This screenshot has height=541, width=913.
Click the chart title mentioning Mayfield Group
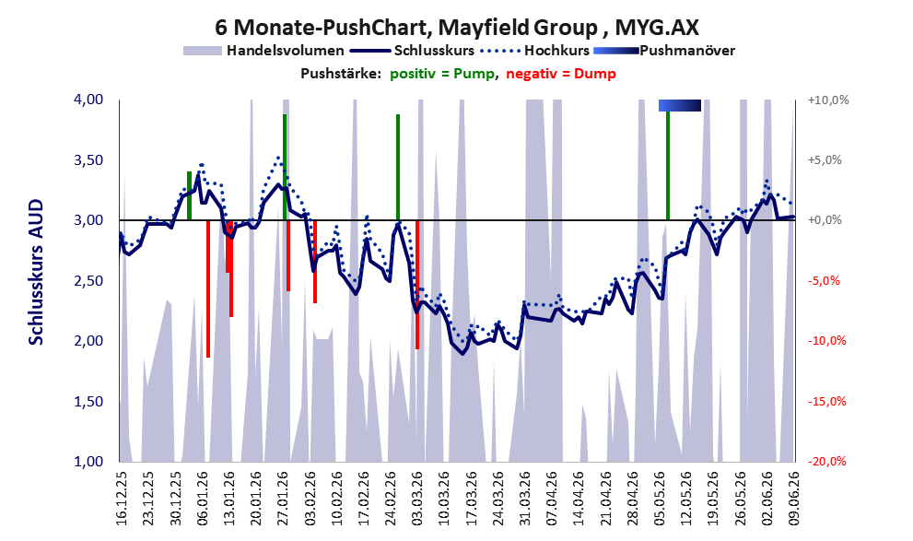click(457, 27)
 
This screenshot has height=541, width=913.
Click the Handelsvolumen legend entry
click(263, 51)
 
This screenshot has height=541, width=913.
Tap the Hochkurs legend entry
click(535, 51)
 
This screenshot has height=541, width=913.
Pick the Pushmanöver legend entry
click(664, 51)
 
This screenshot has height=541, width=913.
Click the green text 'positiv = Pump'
click(442, 74)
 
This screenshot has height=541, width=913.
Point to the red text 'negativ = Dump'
click(561, 74)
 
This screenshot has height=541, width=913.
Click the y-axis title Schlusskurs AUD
click(36, 273)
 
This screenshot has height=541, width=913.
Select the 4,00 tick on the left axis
click(88, 100)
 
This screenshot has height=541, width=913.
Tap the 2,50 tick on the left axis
click(88, 281)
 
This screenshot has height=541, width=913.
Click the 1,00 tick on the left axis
click(88, 462)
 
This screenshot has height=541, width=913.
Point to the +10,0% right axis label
click(828, 100)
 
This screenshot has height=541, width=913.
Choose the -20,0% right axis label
click(827, 462)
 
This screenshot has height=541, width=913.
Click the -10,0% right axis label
click(827, 341)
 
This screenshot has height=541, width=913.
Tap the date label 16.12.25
click(121, 499)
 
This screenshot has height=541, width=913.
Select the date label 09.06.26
click(793, 499)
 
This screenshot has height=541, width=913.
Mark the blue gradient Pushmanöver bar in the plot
click(680, 105)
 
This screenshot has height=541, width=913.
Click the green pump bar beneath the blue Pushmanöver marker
click(668, 165)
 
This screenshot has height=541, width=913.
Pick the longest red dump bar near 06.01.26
click(208, 288)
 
